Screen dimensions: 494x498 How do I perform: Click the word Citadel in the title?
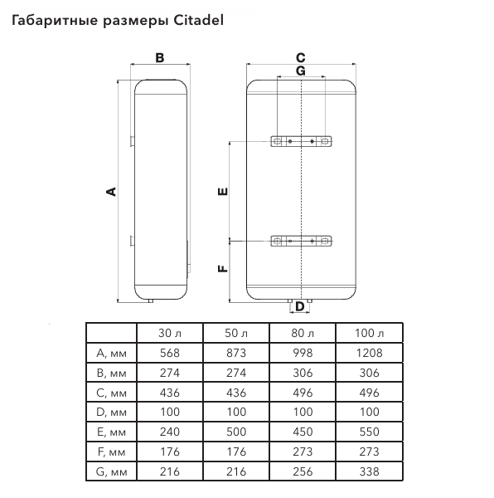198,20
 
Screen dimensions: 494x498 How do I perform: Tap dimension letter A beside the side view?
111,192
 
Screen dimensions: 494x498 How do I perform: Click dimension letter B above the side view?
160,58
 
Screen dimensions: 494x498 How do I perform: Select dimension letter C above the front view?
301,58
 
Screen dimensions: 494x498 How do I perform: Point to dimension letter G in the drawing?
301,71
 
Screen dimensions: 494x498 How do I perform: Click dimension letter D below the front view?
300,307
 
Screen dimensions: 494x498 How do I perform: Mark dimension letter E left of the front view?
223,191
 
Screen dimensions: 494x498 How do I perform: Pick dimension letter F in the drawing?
223,269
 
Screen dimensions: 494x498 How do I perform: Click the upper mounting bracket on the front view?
301,141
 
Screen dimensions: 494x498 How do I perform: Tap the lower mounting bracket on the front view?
301,241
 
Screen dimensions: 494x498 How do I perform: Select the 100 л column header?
369,333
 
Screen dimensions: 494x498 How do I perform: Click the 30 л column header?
170,333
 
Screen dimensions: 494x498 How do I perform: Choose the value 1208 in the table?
369,353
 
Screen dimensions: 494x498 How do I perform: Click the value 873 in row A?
236,353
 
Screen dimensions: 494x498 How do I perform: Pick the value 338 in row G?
369,471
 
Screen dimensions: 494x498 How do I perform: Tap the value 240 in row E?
170,432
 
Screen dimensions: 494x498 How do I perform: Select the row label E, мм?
111,432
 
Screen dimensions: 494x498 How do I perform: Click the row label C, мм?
111,393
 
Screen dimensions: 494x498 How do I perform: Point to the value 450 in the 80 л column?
303,432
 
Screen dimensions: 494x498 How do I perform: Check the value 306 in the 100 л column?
369,373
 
